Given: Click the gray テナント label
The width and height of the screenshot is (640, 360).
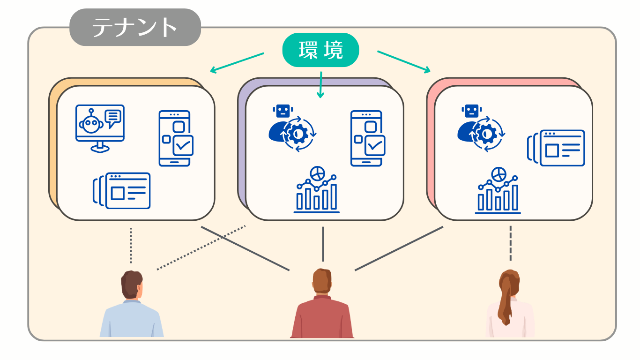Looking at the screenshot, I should tap(135, 27).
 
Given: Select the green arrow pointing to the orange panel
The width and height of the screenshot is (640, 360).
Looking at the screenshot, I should tap(237, 63).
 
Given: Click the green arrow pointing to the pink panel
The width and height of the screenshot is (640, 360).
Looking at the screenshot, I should tap(404, 62).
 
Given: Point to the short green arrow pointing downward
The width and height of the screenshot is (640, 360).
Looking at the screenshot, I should tap(320, 84).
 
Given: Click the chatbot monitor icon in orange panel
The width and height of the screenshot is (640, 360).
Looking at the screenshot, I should tap(100, 128).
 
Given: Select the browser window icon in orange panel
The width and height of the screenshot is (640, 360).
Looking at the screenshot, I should tap(122, 191).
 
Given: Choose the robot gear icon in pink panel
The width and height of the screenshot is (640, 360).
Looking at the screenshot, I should tap(481, 128).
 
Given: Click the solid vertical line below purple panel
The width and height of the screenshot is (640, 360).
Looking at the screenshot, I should tap(323, 244).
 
